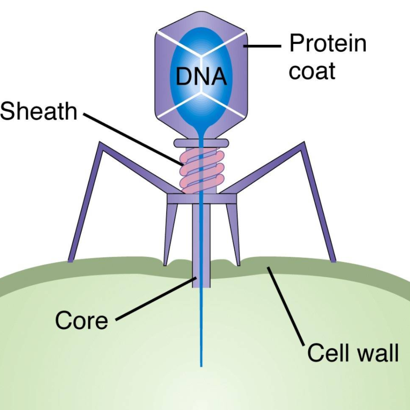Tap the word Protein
pyautogui.click(x=328, y=43)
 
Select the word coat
pyautogui.click(x=312, y=71)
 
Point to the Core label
pyautogui.click(x=82, y=320)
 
